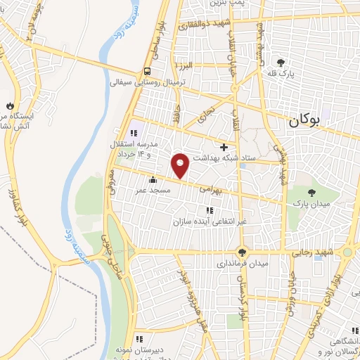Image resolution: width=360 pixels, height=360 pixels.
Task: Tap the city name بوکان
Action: click(304, 120)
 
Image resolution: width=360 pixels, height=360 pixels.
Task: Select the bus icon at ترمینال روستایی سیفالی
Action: click(148, 71)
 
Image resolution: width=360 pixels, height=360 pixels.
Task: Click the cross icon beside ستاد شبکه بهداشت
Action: click(224, 148)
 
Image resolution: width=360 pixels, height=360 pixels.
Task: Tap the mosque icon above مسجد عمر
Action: click(153, 180)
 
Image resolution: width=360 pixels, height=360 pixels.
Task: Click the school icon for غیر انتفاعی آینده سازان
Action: click(209, 210)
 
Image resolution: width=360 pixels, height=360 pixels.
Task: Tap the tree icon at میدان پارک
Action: click(311, 192)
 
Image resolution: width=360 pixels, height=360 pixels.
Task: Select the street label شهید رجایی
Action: click(313, 252)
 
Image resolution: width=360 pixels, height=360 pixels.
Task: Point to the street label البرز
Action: click(184, 65)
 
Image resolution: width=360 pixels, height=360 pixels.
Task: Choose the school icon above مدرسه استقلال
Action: click(134, 133)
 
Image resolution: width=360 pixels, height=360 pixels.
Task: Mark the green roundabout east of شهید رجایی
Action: click(347, 252)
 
